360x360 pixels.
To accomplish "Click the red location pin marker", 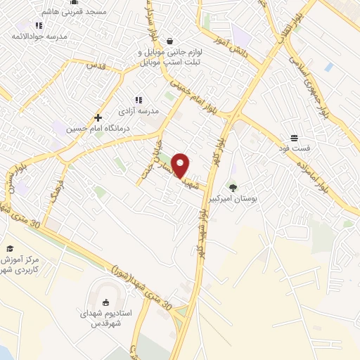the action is pyautogui.click(x=181, y=165).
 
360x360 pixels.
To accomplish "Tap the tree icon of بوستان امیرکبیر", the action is pyautogui.click(x=233, y=187).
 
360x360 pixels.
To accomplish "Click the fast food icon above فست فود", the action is pyautogui.click(x=294, y=139).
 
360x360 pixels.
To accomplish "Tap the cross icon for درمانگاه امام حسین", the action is pyautogui.click(x=98, y=117).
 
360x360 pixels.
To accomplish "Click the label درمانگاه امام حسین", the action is pyautogui.click(x=86, y=129).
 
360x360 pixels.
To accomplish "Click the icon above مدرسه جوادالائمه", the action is pyautogui.click(x=39, y=25).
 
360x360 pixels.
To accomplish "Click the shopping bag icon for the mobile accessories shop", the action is pyautogui.click(x=171, y=41).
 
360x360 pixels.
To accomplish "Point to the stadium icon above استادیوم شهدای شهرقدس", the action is pyautogui.click(x=106, y=302).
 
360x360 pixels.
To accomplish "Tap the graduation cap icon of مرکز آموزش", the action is pyautogui.click(x=10, y=248).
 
